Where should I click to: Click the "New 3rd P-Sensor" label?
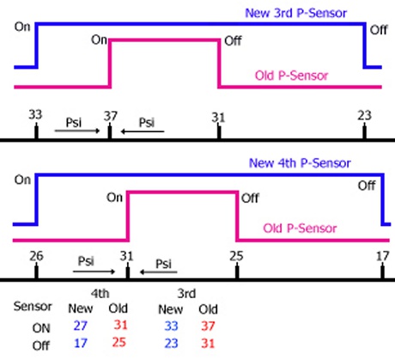[x=296, y=13]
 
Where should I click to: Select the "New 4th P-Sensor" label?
[x=300, y=163]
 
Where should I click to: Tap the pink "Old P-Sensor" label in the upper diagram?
[x=291, y=76]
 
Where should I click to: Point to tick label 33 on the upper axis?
[x=35, y=114]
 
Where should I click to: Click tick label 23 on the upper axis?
[x=364, y=115]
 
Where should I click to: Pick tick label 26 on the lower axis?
[x=36, y=256]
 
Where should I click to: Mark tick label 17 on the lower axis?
[x=382, y=256]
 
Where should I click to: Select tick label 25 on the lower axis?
[x=236, y=256]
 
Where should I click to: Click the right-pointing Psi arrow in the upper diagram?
[x=77, y=131]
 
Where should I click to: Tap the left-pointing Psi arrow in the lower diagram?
[x=158, y=272]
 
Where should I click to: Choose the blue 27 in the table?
[x=81, y=326]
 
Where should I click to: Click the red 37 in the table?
[x=208, y=326]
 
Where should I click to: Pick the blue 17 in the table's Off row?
[x=81, y=343]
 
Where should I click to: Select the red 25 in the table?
[x=118, y=342]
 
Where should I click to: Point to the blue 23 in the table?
[x=171, y=343]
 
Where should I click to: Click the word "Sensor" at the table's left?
[x=33, y=306]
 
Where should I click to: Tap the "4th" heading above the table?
[x=100, y=294]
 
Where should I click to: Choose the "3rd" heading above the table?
[x=186, y=294]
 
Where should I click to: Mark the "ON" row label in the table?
[x=41, y=328]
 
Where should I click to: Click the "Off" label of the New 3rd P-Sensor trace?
[x=379, y=30]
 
